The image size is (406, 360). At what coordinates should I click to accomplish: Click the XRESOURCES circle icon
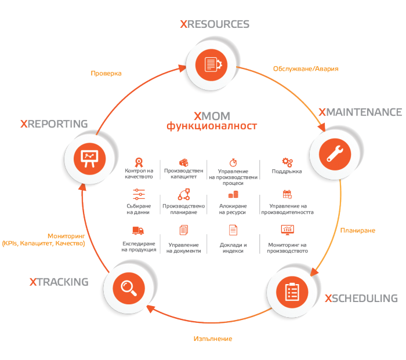coord(213,63)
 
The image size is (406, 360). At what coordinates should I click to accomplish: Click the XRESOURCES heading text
coord(215,24)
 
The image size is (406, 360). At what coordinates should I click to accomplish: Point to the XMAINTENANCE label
coord(360,111)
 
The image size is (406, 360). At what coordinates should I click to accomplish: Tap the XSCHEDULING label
coord(361,299)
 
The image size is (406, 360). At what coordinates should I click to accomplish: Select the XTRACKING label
coord(59,282)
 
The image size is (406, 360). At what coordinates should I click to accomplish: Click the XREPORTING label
coord(53,123)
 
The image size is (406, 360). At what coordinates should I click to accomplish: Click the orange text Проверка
coord(106,74)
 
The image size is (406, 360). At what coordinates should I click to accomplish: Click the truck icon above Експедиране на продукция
coord(138,230)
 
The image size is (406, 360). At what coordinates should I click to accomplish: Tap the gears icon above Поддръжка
coord(287,162)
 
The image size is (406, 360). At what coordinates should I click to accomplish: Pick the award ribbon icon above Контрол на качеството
coord(139,162)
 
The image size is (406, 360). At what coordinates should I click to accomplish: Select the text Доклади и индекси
coord(233,248)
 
